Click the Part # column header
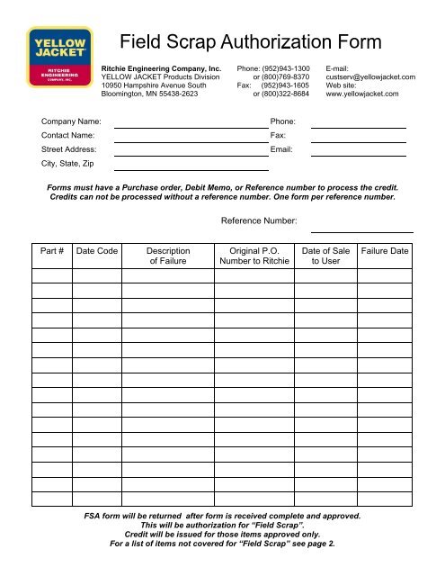pyautogui.click(x=52, y=250)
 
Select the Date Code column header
pyautogui.click(x=96, y=250)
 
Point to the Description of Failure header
pyautogui.click(x=167, y=256)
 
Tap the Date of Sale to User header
pyautogui.click(x=326, y=256)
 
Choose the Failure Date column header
pyautogui.click(x=383, y=250)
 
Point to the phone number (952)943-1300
pyautogui.click(x=285, y=67)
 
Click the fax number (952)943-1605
pyautogui.click(x=285, y=85)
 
